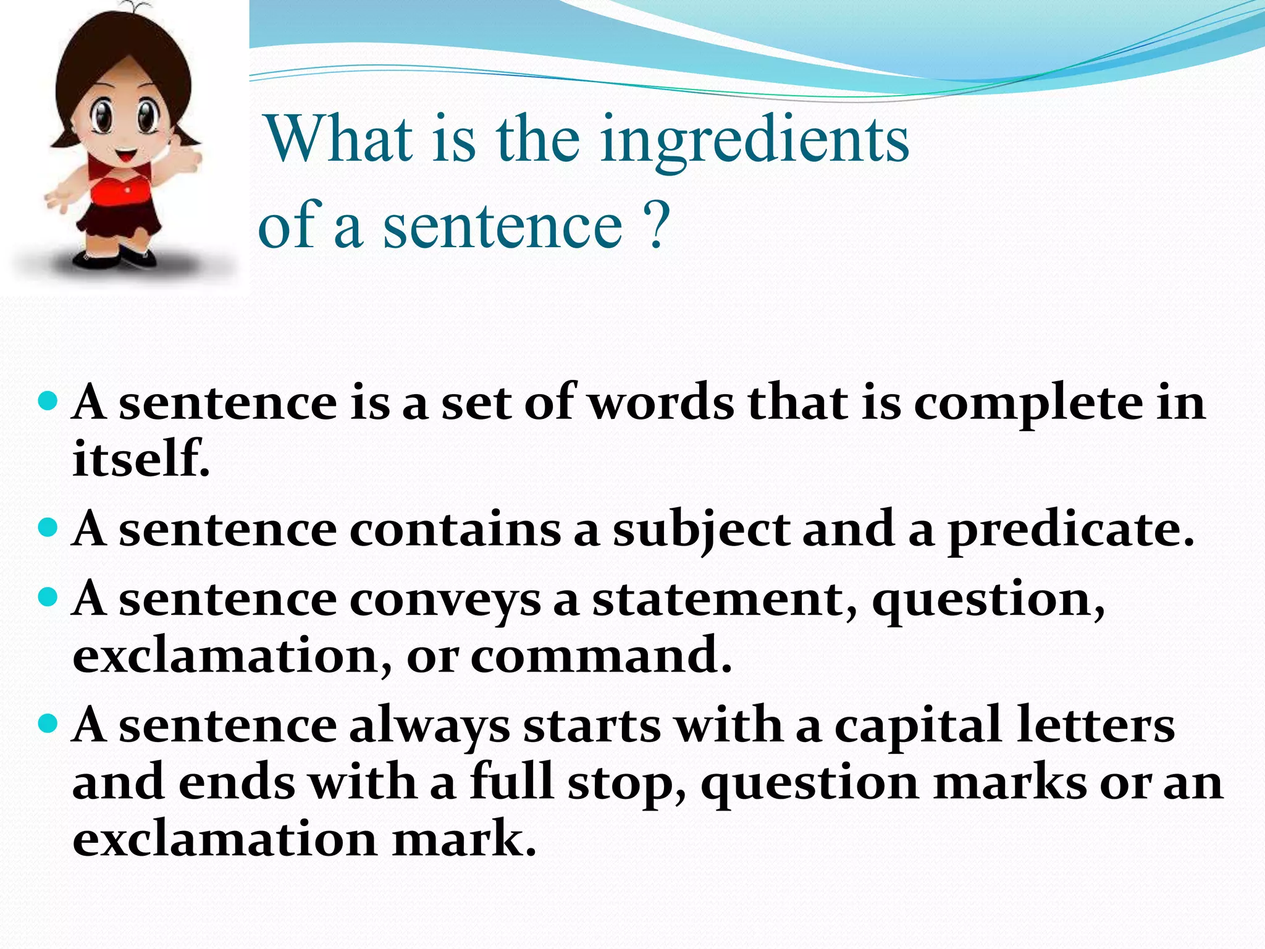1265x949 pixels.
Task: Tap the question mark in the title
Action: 657,225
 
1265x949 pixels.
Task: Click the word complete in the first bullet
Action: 1028,405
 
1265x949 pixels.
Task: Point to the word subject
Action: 700,531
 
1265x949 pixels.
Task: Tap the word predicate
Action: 1070,531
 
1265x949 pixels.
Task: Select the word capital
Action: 917,727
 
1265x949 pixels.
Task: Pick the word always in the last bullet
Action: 429,727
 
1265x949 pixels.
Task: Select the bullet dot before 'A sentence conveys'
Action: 48,597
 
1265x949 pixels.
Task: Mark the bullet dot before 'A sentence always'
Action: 48,723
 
